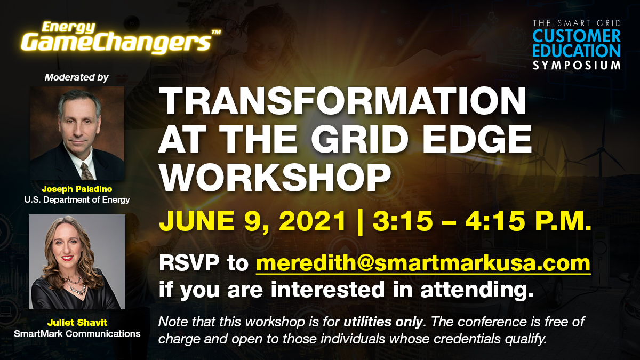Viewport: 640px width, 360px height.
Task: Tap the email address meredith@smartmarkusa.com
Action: (423, 263)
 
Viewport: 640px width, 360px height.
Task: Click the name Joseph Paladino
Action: (77, 190)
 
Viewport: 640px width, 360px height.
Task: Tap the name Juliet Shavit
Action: (77, 323)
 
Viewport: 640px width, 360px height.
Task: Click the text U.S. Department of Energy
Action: (77, 200)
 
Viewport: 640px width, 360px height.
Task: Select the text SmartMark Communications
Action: (77, 334)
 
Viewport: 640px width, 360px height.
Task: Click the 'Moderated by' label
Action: (77, 77)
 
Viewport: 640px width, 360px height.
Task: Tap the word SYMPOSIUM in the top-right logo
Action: (577, 65)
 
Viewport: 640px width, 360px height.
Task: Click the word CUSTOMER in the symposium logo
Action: (577, 36)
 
